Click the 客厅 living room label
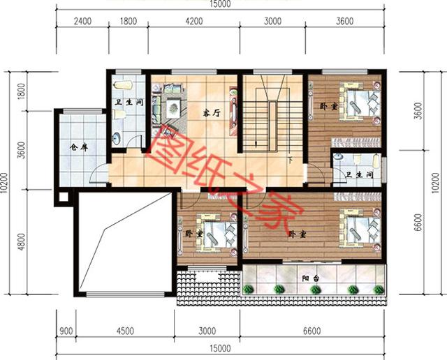pos(211,112)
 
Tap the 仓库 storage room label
pos(78,148)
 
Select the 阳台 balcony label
pos(311,278)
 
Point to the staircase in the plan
pos(263,117)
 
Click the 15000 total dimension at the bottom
pos(219,348)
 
